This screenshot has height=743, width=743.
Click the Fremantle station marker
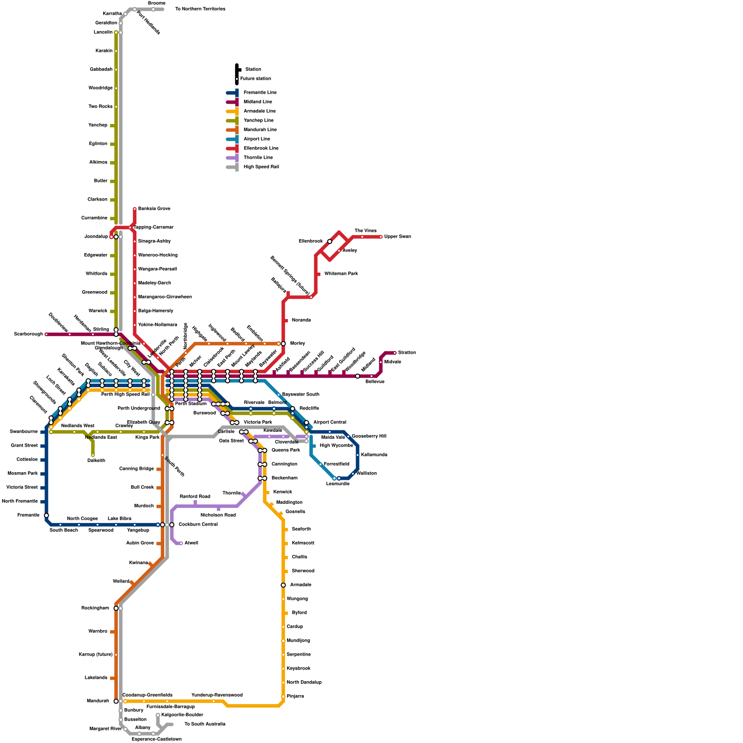coord(46,515)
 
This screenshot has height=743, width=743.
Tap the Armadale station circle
coord(283,585)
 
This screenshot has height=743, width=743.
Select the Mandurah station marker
coord(116,701)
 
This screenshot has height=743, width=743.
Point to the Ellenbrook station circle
coord(330,241)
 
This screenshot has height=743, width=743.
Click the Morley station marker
coord(283,344)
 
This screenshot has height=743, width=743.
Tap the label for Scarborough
coord(28,334)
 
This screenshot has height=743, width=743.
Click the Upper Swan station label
coord(398,237)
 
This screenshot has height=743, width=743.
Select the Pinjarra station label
coord(295,697)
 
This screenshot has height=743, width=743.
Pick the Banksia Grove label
coord(154,209)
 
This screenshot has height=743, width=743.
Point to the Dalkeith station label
coord(96,461)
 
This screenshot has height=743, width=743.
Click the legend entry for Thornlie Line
coord(258,158)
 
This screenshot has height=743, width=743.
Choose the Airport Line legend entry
coord(257,139)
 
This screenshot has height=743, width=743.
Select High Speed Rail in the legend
coord(261,167)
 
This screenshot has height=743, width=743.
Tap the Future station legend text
coord(255,79)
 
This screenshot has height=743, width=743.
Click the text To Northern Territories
coord(200,9)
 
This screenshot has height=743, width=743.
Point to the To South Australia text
coord(205,724)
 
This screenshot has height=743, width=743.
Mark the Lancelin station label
coord(103,33)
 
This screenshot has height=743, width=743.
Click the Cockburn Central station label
coord(198,525)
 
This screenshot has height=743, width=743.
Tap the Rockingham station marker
coord(116,608)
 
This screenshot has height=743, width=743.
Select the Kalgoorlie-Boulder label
coord(182,715)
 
